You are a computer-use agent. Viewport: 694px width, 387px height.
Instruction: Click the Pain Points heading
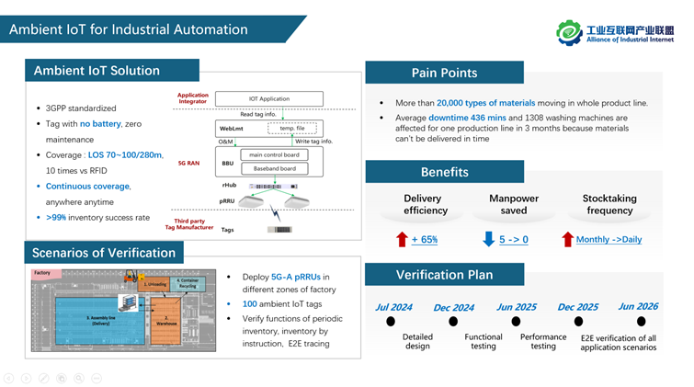[444, 73]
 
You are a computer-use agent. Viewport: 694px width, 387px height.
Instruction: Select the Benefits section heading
[444, 172]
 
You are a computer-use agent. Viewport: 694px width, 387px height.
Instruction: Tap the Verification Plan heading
[444, 274]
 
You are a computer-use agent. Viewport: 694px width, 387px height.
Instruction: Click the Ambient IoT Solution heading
[97, 71]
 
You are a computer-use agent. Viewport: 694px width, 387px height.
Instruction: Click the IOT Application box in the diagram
[269, 98]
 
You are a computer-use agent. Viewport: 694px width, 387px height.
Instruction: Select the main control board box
[274, 154]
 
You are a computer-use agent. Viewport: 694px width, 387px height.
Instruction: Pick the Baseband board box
[274, 167]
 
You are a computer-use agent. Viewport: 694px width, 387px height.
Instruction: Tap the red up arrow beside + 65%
[402, 240]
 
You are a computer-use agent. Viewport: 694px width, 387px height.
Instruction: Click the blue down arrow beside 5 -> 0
[488, 240]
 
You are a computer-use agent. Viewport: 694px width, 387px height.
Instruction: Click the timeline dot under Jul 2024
[391, 322]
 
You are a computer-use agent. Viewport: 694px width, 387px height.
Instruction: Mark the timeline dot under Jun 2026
[641, 322]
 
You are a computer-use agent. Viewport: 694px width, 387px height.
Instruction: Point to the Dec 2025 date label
[577, 308]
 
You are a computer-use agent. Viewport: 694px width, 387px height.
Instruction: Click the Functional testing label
[483, 341]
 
